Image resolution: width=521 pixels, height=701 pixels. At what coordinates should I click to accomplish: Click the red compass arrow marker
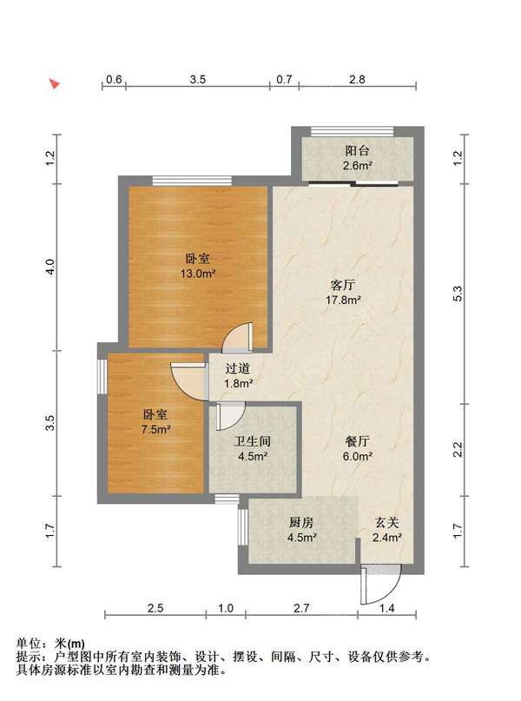[55, 83]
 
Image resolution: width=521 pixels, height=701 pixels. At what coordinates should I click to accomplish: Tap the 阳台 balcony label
[357, 151]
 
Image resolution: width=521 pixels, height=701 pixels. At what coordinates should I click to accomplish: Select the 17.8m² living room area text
[343, 300]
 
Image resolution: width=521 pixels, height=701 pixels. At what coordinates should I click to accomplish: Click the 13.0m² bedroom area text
[197, 273]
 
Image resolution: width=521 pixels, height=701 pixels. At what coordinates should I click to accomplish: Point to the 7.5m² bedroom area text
[155, 430]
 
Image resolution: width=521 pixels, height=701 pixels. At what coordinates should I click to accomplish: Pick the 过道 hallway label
[237, 368]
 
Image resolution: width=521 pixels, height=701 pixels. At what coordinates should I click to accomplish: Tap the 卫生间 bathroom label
[253, 441]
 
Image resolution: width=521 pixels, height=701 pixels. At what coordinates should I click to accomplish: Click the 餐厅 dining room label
[357, 441]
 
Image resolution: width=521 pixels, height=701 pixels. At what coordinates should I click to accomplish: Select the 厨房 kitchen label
[301, 522]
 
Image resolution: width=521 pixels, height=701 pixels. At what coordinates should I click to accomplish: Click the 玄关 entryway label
[386, 522]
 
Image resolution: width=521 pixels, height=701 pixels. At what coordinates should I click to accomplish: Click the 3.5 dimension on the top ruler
[197, 80]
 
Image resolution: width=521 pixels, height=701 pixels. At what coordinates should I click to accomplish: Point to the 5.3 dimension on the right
[457, 294]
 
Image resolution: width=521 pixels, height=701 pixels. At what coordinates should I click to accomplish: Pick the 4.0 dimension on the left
[49, 267]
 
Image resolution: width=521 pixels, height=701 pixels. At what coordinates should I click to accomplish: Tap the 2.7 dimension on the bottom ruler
[301, 608]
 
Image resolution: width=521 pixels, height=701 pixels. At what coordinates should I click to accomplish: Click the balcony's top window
[352, 131]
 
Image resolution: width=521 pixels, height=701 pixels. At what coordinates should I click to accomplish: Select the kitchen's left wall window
[242, 526]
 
